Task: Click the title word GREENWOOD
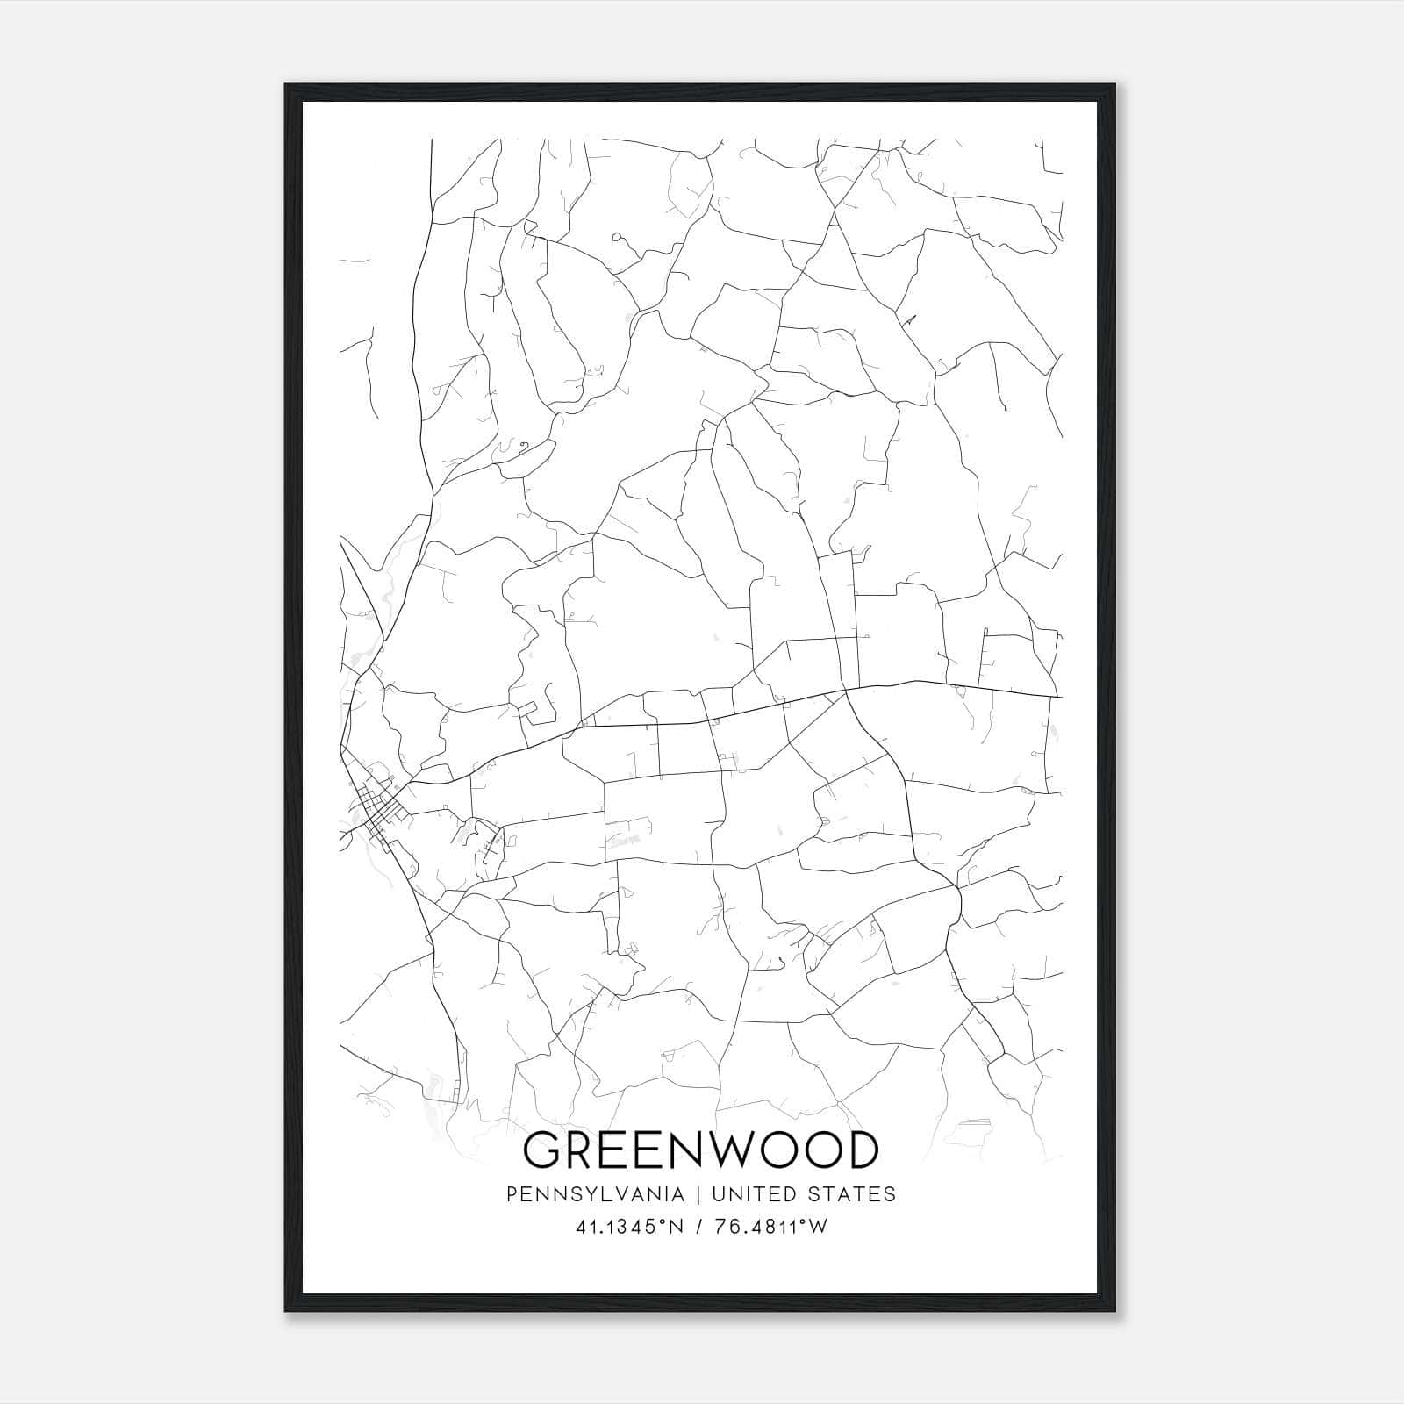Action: click(x=700, y=1150)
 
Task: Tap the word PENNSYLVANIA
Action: click(x=583, y=1194)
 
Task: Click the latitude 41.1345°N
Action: click(x=629, y=1227)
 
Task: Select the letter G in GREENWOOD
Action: click(x=543, y=1150)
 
